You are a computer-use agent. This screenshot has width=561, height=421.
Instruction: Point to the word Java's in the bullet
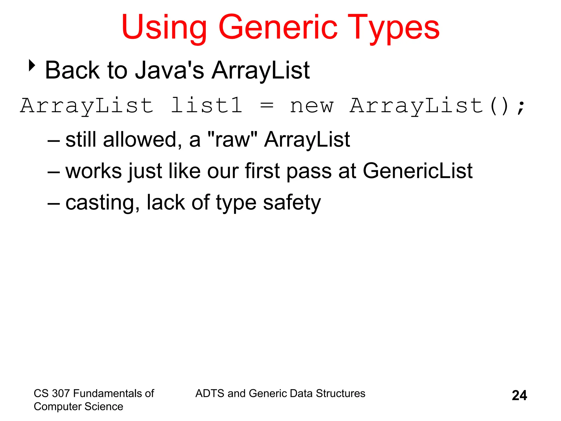click(170, 70)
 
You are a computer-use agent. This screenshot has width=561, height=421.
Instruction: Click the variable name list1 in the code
click(207, 106)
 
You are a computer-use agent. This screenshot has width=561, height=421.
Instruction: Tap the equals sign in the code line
click(267, 106)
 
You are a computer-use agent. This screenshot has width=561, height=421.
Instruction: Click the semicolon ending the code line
click(521, 107)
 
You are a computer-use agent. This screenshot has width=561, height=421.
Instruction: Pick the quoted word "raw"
click(233, 139)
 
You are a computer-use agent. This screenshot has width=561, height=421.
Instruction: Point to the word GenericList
click(417, 171)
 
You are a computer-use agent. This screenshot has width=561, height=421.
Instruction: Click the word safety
click(292, 203)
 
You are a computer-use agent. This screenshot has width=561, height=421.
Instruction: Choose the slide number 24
click(519, 395)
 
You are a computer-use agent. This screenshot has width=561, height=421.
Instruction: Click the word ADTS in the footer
click(210, 393)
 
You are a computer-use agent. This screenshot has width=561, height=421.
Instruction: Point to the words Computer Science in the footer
click(78, 406)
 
